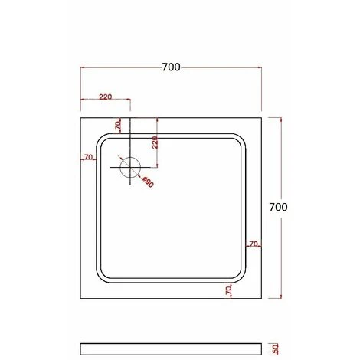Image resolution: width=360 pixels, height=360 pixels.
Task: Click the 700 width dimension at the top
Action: [x=171, y=67]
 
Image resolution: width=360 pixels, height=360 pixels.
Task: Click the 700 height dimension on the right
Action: [x=280, y=207]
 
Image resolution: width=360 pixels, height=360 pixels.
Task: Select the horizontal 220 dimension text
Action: [x=105, y=97]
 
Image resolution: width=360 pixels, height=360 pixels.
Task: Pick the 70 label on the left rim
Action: [x=88, y=157]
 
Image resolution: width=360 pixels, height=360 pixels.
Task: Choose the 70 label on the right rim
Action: [x=253, y=244]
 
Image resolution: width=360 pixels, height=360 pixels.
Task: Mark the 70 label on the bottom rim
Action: [x=228, y=290]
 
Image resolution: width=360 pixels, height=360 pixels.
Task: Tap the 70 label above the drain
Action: [x=118, y=124]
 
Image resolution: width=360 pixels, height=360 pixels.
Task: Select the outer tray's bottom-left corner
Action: [x=81, y=299]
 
